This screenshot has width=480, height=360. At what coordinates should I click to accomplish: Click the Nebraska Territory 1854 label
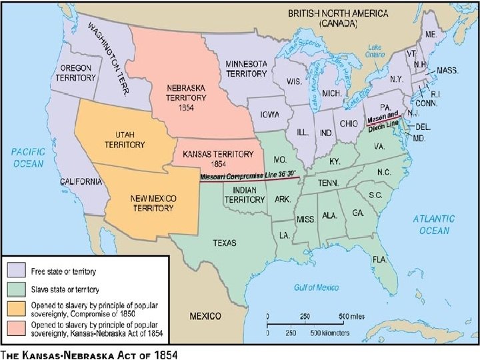[x=186, y=97]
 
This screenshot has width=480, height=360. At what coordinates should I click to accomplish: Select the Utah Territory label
[x=125, y=139]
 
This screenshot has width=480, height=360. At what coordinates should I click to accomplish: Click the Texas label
[x=225, y=243]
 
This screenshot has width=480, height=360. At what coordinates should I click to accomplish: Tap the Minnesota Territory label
[x=246, y=68]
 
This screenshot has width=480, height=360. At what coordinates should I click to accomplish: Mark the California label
[x=81, y=181]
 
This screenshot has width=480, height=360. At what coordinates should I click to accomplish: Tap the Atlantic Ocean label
[x=433, y=225]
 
